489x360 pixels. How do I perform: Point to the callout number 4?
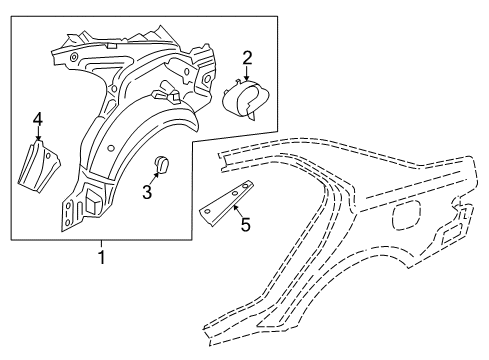[37, 123]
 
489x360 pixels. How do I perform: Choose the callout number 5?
[245, 225]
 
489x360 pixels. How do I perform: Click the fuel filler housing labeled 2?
[242, 100]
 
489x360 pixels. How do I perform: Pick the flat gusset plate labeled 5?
[226, 206]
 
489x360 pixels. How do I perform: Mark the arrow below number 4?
[38, 139]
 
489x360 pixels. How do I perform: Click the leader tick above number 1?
[101, 245]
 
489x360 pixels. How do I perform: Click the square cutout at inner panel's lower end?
[89, 199]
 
